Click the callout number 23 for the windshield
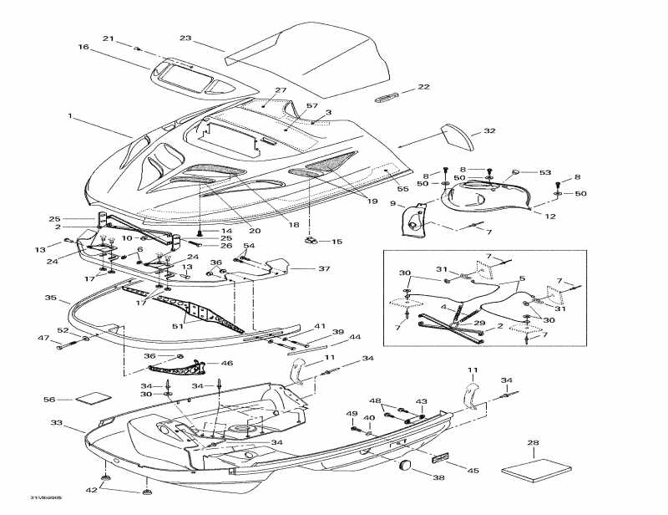tap(185, 38)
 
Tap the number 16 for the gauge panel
tap(83, 48)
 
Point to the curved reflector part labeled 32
tap(456, 135)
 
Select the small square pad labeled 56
tap(93, 399)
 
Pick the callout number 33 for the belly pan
tap(56, 423)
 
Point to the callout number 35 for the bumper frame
tap(50, 297)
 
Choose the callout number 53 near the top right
tap(545, 172)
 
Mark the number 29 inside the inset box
tap(479, 323)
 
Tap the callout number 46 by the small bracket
tap(226, 364)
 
